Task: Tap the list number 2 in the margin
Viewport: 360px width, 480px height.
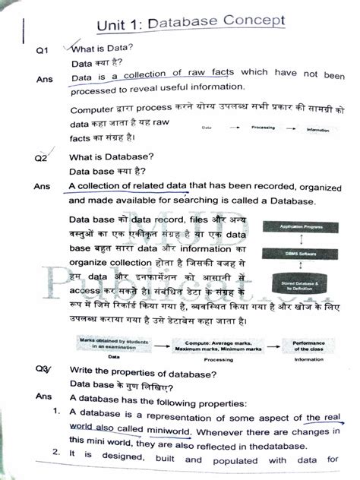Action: [x=55, y=454]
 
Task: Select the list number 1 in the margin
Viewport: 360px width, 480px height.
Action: [x=55, y=411]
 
